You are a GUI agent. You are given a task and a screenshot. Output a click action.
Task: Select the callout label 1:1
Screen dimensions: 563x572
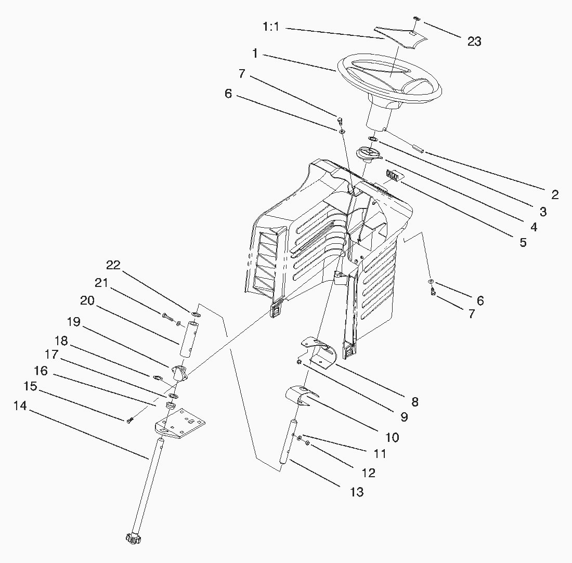pyautogui.click(x=271, y=27)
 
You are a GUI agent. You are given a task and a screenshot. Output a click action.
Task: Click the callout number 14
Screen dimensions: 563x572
pyautogui.click(x=20, y=406)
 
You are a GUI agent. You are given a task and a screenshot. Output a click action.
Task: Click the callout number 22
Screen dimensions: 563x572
pyautogui.click(x=113, y=265)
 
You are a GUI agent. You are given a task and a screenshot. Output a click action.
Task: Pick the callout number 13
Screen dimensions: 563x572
pyautogui.click(x=357, y=492)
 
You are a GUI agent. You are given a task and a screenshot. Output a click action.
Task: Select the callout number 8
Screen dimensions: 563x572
pyautogui.click(x=414, y=402)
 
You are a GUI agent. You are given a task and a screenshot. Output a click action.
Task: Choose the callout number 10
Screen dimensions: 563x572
pyautogui.click(x=392, y=437)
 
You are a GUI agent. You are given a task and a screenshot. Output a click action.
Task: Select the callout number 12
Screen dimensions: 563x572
pyautogui.click(x=368, y=473)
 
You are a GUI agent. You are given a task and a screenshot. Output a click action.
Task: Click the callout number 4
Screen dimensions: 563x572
pyautogui.click(x=530, y=227)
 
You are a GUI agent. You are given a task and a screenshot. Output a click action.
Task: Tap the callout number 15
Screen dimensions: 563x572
pyautogui.click(x=31, y=387)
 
